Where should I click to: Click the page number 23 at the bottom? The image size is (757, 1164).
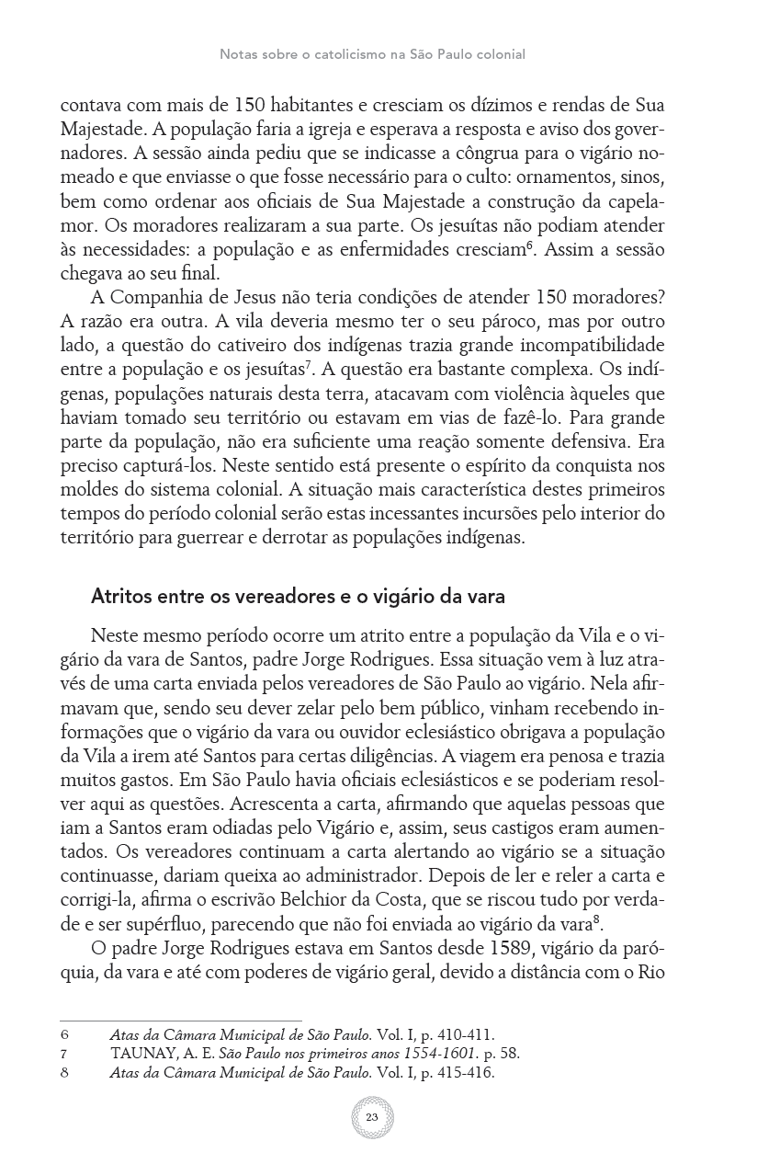[372, 1116]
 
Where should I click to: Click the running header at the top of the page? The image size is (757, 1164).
[372, 54]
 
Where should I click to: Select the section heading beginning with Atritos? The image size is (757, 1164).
[298, 596]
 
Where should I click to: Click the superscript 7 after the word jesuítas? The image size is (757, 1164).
[311, 363]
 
